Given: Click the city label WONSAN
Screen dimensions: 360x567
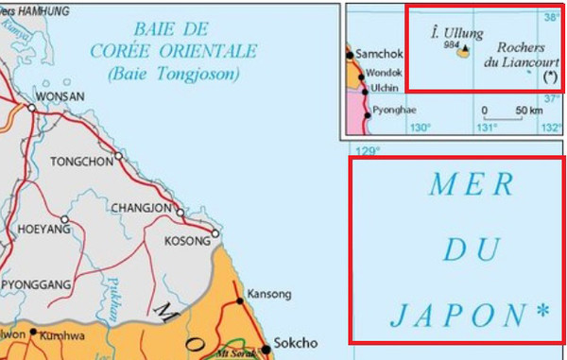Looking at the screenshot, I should click(60, 96).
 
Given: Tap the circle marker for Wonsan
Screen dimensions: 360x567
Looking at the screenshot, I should click(32, 109).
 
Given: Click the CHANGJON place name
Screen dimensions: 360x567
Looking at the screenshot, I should click(142, 208).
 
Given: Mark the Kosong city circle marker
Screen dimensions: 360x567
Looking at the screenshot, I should click(215, 233).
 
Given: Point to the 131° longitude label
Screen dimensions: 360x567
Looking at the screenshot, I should click(486, 128).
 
